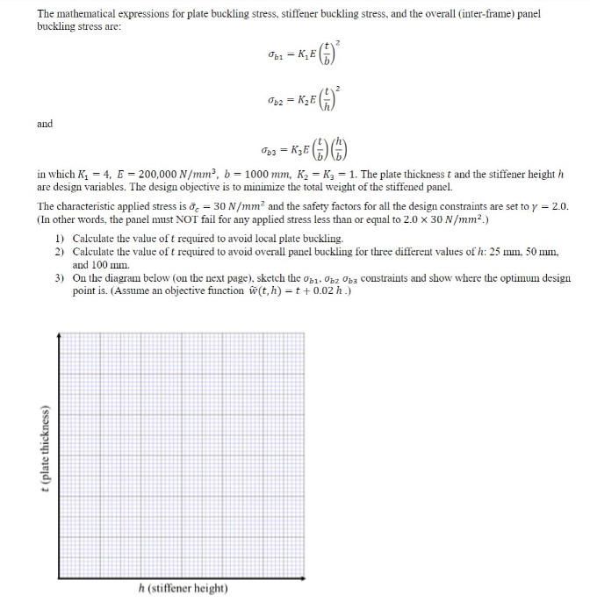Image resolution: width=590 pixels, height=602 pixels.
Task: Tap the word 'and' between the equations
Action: [x=45, y=124]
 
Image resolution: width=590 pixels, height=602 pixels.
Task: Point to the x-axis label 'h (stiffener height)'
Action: [x=183, y=587]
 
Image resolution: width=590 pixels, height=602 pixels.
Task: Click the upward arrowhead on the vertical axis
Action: [x=59, y=334]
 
